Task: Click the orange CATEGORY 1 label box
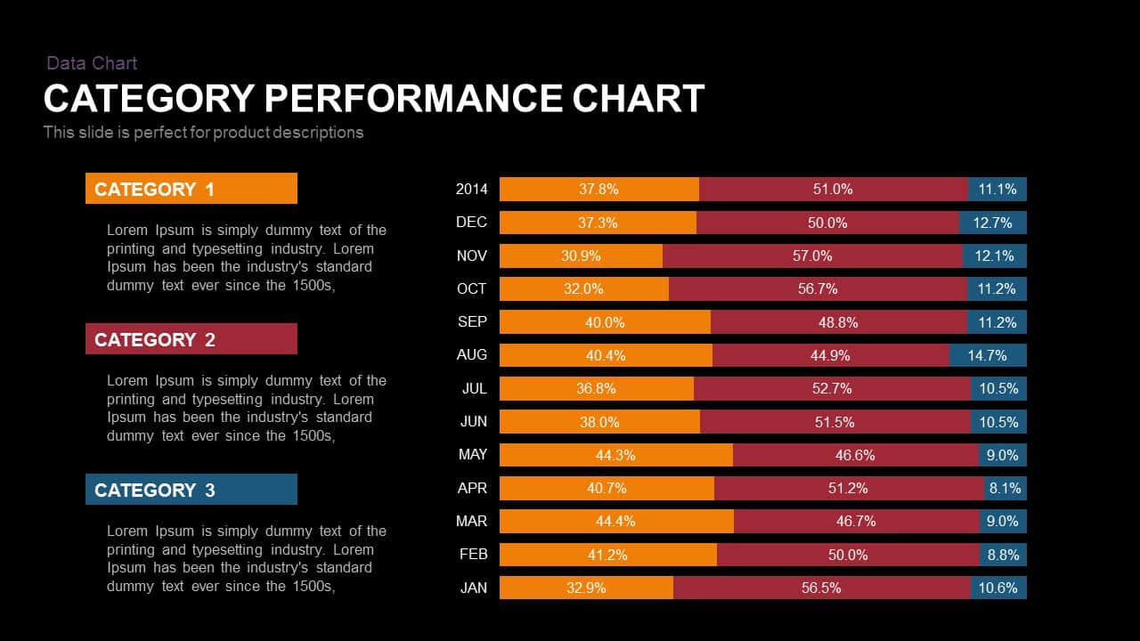click(191, 189)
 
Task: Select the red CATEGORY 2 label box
click(191, 339)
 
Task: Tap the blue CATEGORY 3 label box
click(191, 490)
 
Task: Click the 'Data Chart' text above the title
click(92, 63)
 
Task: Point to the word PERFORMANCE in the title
click(413, 98)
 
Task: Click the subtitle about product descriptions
click(203, 133)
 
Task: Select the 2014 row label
click(471, 189)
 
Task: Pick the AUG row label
click(471, 355)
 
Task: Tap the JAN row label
click(473, 588)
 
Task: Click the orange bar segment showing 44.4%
click(616, 521)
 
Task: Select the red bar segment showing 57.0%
click(812, 256)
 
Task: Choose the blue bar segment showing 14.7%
click(988, 355)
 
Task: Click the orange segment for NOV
click(581, 256)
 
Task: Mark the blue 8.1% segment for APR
click(1006, 488)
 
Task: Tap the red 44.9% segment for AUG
click(830, 355)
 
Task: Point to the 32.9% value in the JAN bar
click(586, 588)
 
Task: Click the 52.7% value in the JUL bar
click(832, 388)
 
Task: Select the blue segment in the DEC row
click(993, 223)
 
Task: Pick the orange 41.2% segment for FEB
click(607, 555)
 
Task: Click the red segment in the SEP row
click(838, 322)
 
